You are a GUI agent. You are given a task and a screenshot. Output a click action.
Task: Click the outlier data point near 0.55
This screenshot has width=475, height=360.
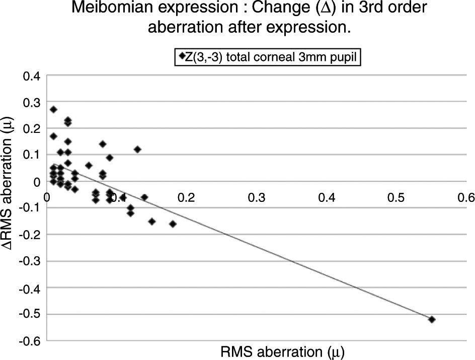pyautogui.click(x=431, y=319)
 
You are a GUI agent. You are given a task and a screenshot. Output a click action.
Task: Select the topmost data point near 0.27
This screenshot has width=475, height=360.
pyautogui.click(x=53, y=109)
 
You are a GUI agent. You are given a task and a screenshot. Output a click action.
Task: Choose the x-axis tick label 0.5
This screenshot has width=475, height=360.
pyautogui.click(x=396, y=197)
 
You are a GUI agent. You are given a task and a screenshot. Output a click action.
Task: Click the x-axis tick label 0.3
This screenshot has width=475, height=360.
pyautogui.click(x=257, y=197)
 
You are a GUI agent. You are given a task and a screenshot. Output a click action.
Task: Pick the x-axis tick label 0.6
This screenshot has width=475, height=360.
pyautogui.click(x=465, y=197)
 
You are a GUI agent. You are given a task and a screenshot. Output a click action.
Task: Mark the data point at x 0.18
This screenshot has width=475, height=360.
pyautogui.click(x=173, y=224)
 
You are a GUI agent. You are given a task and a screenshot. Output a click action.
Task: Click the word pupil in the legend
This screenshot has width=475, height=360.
pyautogui.click(x=344, y=57)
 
